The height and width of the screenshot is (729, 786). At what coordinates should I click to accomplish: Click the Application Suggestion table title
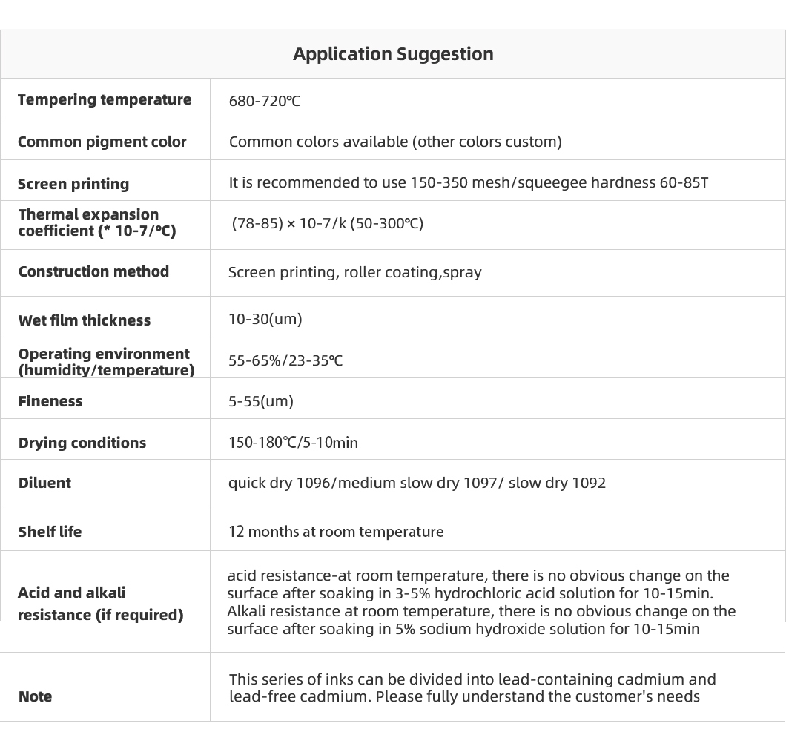click(393, 54)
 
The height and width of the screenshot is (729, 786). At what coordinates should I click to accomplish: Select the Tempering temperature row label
click(105, 99)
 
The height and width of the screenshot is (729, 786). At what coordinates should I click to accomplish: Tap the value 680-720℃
click(265, 101)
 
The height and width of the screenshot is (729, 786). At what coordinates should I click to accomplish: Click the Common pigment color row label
click(102, 142)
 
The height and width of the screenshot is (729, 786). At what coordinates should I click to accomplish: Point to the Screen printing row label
click(73, 184)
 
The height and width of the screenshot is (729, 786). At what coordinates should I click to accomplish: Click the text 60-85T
click(684, 182)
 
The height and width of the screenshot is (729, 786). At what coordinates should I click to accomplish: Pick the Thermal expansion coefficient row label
click(96, 222)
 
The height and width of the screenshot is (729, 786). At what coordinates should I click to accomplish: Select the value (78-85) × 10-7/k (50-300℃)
click(327, 223)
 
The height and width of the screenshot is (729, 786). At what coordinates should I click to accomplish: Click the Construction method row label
click(93, 271)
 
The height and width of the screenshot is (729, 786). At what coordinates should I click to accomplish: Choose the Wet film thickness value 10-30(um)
click(265, 319)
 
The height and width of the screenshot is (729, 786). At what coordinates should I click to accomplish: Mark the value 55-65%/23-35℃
click(285, 360)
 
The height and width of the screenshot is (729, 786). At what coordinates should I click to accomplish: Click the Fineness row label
click(50, 401)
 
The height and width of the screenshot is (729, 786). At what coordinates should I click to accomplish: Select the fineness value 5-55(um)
click(261, 401)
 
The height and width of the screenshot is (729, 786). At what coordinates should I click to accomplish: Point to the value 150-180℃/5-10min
click(293, 443)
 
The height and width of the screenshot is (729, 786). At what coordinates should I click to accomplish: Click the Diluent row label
click(44, 483)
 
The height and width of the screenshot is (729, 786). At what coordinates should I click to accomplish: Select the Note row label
click(35, 696)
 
